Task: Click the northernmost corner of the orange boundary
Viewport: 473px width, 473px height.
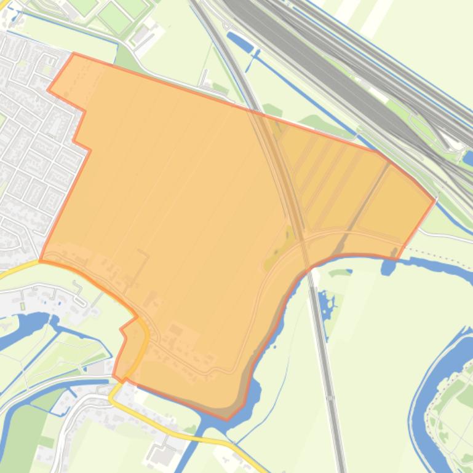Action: (74, 53)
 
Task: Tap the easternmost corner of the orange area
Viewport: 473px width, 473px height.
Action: (435, 199)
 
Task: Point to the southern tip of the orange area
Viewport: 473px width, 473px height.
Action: (226, 420)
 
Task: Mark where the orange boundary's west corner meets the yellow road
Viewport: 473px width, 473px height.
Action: (41, 260)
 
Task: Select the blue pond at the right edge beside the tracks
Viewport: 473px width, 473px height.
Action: (468, 158)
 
